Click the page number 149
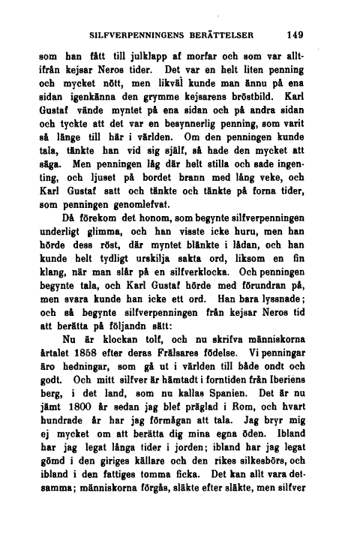(x=292, y=34)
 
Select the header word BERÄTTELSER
(x=223, y=35)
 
